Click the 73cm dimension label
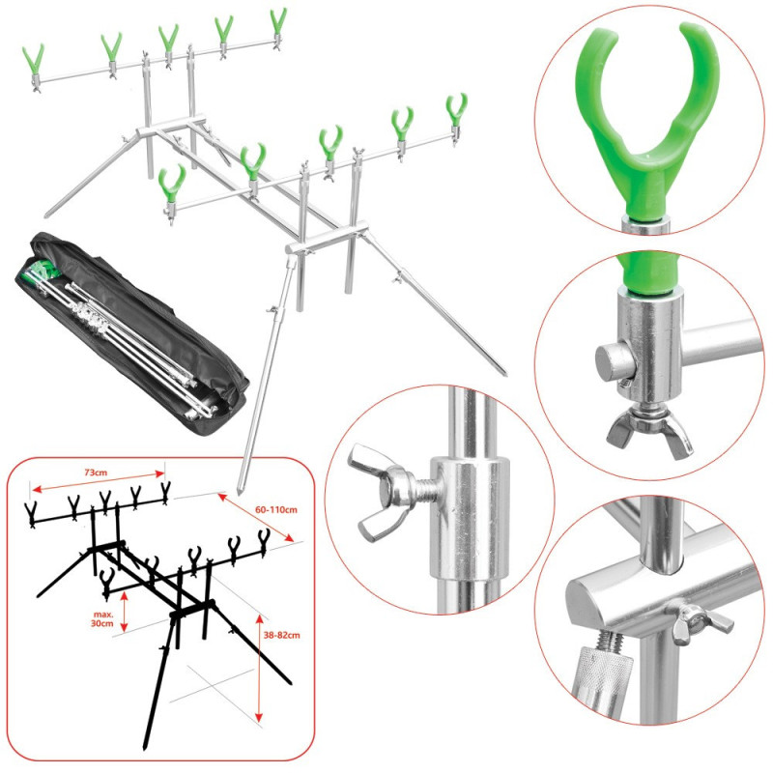coord(96,472)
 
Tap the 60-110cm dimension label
coord(276,509)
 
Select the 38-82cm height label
coord(281,635)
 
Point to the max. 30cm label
coord(102,618)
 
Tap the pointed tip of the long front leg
coord(239,493)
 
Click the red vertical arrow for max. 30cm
coord(125,612)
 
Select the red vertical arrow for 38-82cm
coord(259,668)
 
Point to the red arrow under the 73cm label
coord(98,481)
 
